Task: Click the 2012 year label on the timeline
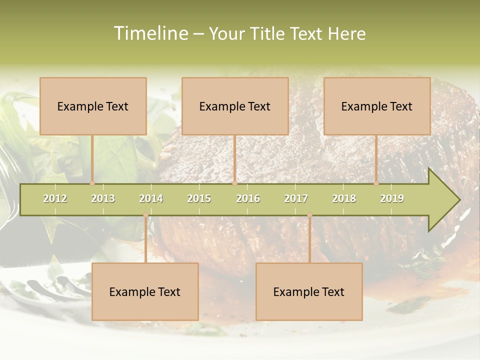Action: [55, 198]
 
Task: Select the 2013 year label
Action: [103, 198]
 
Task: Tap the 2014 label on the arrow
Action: [151, 198]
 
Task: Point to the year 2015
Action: [199, 198]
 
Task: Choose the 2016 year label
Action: [248, 198]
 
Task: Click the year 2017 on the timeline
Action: [296, 198]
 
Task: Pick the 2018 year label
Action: [344, 198]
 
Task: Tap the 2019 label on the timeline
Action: [392, 198]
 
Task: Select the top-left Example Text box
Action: [93, 106]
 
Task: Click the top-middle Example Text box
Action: [235, 106]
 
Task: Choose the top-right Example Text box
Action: [377, 106]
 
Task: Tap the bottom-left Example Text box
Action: [145, 291]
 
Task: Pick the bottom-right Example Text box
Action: [309, 291]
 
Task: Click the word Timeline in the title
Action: [150, 33]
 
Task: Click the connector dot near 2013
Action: [92, 183]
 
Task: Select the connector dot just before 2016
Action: [235, 183]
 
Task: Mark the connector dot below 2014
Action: [145, 215]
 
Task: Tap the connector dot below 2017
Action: [309, 215]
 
